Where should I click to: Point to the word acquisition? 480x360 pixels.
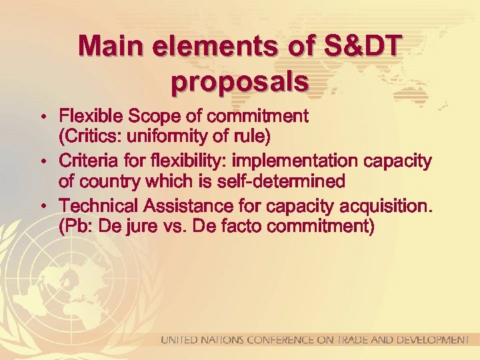(x=387, y=205)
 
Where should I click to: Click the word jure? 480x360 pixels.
(x=139, y=227)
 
